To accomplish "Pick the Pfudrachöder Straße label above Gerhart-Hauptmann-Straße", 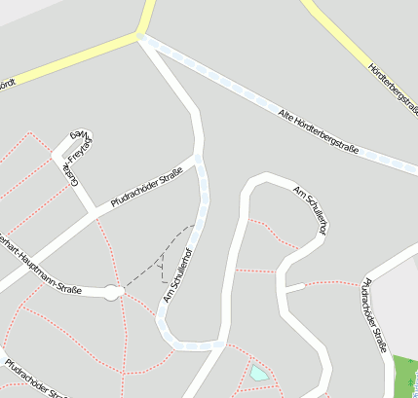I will coord(147,187).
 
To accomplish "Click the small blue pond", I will coord(258,372).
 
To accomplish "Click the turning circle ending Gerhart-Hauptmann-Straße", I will coord(112,292).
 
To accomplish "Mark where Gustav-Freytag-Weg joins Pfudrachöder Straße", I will coord(94,211).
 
